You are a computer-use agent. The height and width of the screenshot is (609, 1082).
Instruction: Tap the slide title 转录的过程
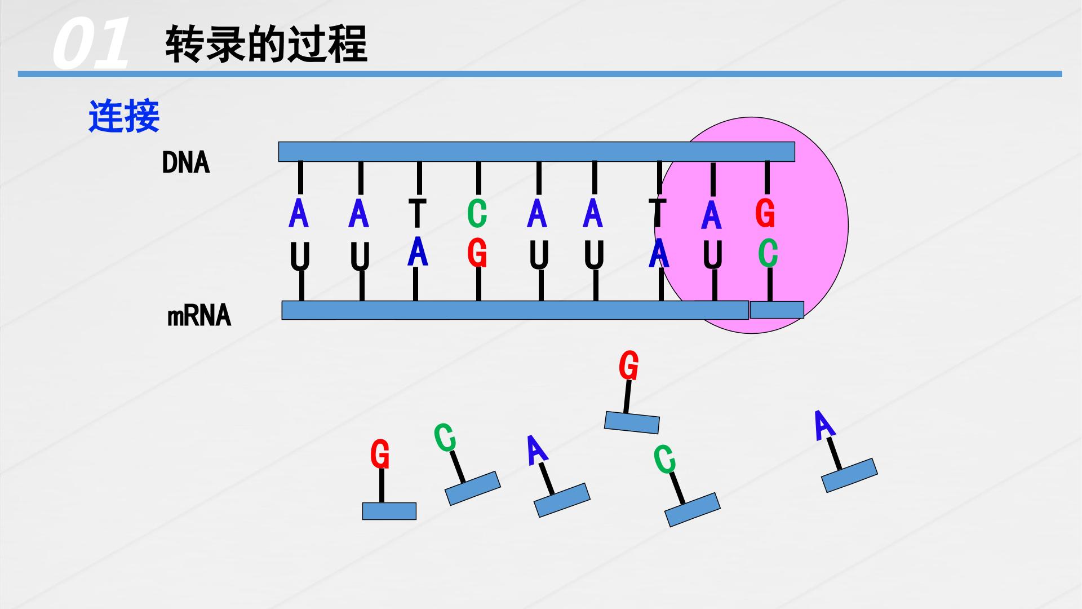pos(266,43)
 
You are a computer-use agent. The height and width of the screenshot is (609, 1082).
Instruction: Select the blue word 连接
pos(124,117)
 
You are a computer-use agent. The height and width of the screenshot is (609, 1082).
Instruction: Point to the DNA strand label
pos(186,162)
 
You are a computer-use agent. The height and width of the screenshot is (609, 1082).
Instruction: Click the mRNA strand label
pos(199,315)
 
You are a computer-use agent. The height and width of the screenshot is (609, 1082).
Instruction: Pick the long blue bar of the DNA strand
pos(536,152)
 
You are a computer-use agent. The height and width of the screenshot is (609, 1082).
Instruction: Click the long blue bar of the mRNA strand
pos(515,310)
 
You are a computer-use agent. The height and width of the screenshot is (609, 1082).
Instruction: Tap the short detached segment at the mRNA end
pos(777,310)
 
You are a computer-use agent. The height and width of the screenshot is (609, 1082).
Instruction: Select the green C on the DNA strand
pos(477,213)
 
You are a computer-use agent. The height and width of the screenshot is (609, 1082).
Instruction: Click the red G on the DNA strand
pos(765,213)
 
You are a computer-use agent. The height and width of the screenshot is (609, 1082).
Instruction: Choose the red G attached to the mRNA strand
pos(477,253)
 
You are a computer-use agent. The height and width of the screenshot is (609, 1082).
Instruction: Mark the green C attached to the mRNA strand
pos(768,253)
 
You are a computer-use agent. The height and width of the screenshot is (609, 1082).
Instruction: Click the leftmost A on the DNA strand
pos(298,214)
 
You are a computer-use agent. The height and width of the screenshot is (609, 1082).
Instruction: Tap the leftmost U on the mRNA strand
pos(300,257)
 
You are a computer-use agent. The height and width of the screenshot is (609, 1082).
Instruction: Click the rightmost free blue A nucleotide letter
pos(824,425)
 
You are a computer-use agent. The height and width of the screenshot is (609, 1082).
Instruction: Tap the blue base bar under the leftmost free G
pos(389,511)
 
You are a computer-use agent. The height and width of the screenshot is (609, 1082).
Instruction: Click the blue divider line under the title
pos(540,74)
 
